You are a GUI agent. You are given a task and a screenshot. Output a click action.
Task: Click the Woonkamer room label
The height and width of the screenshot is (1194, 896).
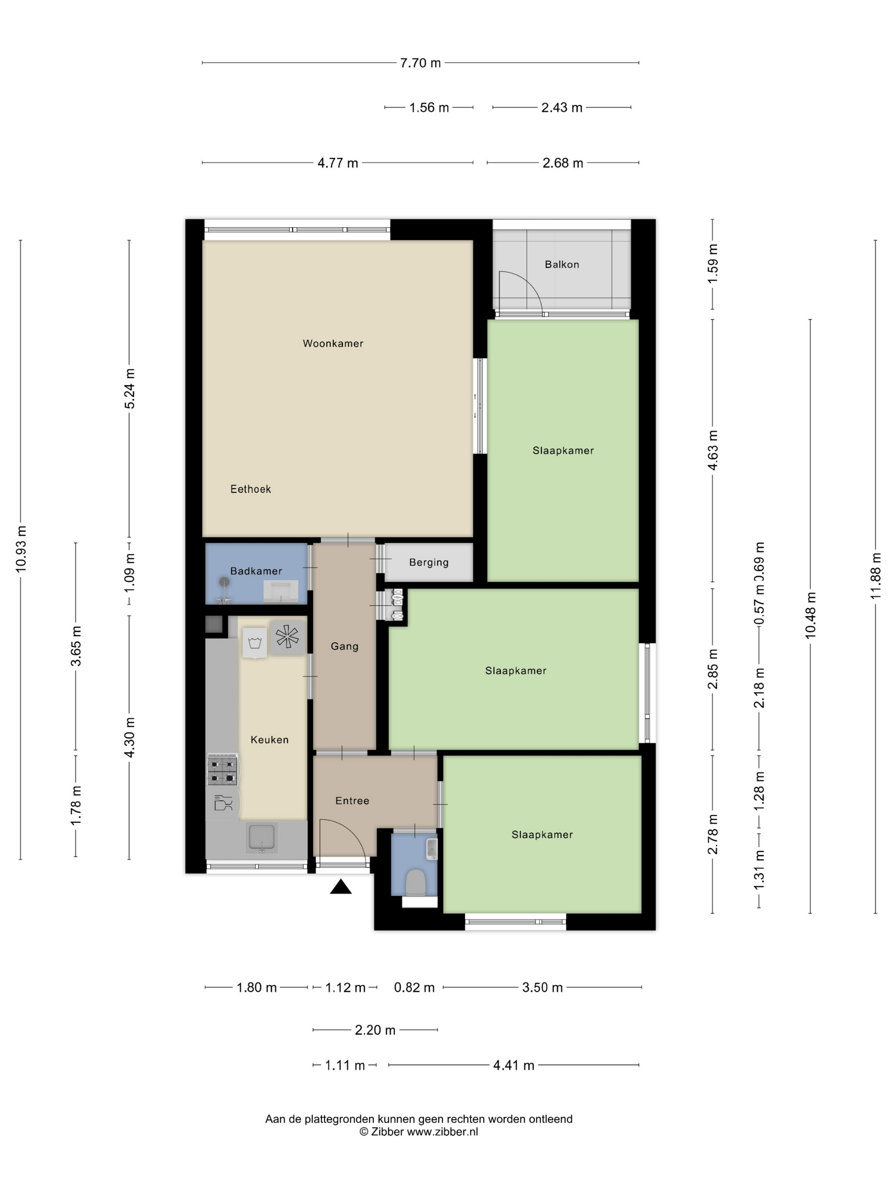[333, 343]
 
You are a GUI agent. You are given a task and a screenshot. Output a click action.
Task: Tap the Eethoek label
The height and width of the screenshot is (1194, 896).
[250, 489]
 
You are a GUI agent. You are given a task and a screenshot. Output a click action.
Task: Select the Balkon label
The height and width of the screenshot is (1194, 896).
[561, 264]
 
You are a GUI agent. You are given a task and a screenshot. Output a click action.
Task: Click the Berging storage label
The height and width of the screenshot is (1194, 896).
[429, 562]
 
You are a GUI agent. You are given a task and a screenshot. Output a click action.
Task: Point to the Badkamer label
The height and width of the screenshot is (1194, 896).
[256, 571]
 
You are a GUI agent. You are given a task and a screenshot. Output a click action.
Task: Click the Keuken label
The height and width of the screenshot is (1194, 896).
[270, 740]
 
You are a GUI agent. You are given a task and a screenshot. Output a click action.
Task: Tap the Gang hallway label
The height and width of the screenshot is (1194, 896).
[345, 646]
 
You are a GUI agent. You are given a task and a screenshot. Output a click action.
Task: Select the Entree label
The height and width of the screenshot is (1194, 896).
[352, 801]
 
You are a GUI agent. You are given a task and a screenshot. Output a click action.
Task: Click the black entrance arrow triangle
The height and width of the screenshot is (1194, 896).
[341, 887]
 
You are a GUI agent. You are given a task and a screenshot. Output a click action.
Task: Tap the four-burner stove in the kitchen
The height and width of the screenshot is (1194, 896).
[223, 771]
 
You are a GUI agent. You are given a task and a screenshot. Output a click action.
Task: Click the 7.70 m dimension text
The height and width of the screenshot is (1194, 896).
[420, 63]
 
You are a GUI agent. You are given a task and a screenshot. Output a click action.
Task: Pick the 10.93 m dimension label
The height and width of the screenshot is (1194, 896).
[21, 549]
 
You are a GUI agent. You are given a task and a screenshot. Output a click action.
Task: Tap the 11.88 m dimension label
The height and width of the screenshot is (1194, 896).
[876, 576]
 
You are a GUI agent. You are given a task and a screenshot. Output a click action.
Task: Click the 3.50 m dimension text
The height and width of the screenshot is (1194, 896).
[542, 988]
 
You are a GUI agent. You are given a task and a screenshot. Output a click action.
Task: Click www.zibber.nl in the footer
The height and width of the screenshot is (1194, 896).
[442, 1132]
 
